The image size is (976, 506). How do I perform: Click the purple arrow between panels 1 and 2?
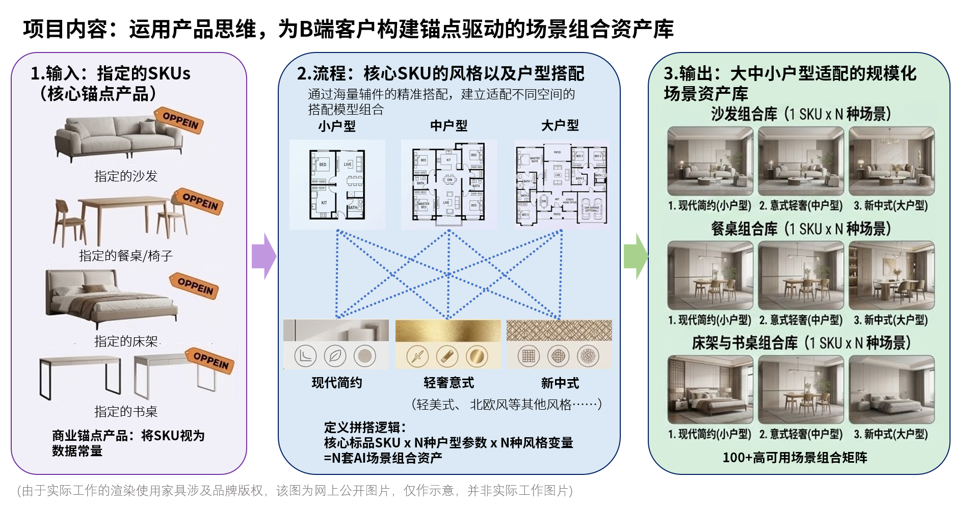pos(263,256)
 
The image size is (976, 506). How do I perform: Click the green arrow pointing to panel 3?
pos(635,256)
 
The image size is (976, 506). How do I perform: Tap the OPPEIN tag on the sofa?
pos(180,121)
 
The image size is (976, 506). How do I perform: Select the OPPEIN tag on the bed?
pos(195,286)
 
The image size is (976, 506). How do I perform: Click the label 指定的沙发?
pos(126,176)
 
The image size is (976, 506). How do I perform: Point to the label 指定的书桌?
pos(126,411)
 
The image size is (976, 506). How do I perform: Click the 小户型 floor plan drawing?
pos(337,184)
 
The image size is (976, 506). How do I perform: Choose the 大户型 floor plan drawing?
pos(561,184)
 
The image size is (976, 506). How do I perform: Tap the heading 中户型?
pos(449,125)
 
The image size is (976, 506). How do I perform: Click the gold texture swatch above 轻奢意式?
pos(448,331)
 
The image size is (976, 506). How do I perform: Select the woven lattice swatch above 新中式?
pos(559,330)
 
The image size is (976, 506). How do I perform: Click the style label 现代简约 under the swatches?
pos(337,383)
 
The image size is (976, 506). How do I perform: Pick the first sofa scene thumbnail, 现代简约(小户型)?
pos(710,161)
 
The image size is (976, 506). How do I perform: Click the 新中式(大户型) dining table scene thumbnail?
pos(891,275)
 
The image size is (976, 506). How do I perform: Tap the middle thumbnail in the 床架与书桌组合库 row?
pos(801,390)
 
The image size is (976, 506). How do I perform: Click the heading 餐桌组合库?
pos(744,229)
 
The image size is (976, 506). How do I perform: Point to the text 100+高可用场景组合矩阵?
pos(795,457)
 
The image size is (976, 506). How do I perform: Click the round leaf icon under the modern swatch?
pos(335,356)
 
